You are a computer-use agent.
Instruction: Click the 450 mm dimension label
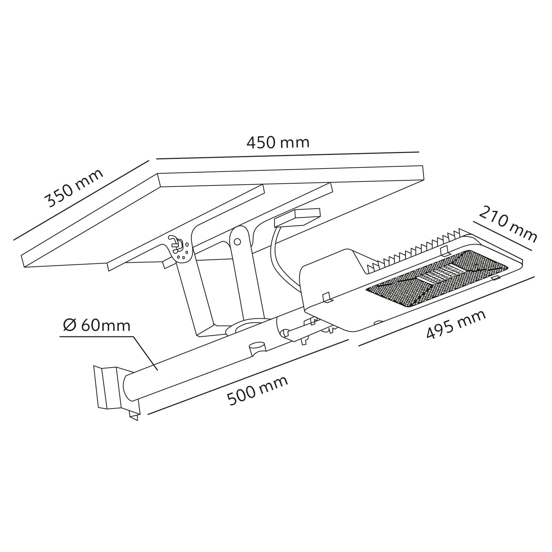point(278,142)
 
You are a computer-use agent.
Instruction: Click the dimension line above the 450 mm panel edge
point(287,155)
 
